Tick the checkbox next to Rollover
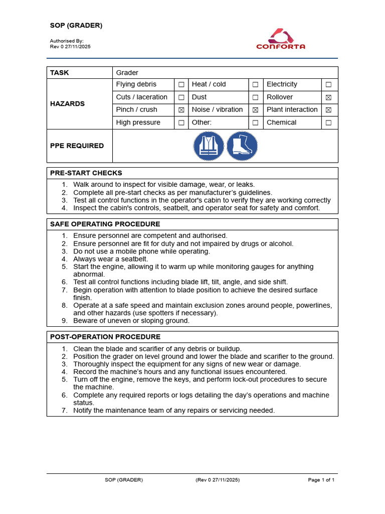coord(328,97)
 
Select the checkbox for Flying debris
coord(181,85)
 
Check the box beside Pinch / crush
coord(181,110)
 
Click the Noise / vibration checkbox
coord(255,110)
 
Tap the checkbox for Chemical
coord(328,122)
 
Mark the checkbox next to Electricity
coord(328,85)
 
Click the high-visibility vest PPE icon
coord(209,146)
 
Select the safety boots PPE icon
coord(242,146)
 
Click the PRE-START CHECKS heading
coord(86,173)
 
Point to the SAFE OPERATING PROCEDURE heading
coord(105,224)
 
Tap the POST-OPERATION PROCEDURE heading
coord(105,337)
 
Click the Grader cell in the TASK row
coord(127,73)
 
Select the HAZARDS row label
coord(67,104)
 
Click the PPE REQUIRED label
coord(77,146)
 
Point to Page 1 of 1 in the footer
coord(321,480)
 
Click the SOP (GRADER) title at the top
coord(76,26)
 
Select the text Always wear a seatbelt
coord(111,259)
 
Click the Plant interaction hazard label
coord(292,110)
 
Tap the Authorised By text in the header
coord(67,41)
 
